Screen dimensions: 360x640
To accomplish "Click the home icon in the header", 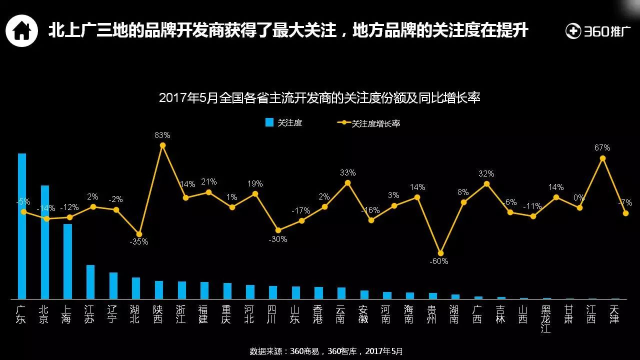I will tap(21, 30).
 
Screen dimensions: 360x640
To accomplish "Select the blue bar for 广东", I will tap(22, 226).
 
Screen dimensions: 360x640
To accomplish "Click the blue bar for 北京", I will tap(45, 242).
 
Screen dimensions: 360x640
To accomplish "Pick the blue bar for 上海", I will tap(67, 261).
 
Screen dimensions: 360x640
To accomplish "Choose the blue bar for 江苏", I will tap(90, 282).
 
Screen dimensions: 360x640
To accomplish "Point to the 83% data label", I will tap(162, 135).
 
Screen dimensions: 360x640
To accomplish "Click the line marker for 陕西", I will tap(162, 145).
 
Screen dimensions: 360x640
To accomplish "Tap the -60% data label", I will tap(440, 261).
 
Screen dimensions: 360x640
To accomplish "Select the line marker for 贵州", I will tap(440, 253).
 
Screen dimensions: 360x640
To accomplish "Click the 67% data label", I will tap(602, 148).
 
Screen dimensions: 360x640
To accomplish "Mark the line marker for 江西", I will tap(602, 158).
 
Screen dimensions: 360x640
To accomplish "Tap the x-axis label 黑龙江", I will tap(545, 319).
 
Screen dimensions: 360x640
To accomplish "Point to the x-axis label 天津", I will tap(614, 314).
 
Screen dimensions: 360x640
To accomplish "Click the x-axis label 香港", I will tap(318, 314).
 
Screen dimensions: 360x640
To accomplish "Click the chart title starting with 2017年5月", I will tap(319, 97).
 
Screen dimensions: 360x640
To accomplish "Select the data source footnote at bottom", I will tap(326, 351).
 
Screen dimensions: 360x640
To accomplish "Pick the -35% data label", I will tap(138, 242).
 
